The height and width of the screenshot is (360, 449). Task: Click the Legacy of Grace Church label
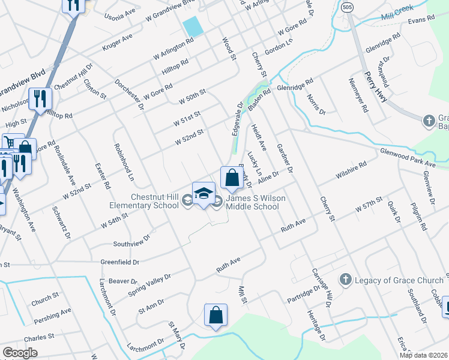399,280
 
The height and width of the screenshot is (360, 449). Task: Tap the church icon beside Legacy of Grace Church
345,280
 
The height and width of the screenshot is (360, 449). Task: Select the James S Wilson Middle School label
252,203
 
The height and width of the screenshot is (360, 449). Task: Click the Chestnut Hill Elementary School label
155,201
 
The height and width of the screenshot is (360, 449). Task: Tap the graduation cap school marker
203,194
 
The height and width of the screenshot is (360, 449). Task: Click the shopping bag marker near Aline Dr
232,178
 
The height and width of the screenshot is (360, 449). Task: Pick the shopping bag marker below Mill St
215,316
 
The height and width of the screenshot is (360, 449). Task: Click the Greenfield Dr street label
119,262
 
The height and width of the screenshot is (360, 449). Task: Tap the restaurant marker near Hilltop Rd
40,99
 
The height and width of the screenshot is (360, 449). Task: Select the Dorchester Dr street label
130,95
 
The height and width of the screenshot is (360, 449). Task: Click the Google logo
20,353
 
